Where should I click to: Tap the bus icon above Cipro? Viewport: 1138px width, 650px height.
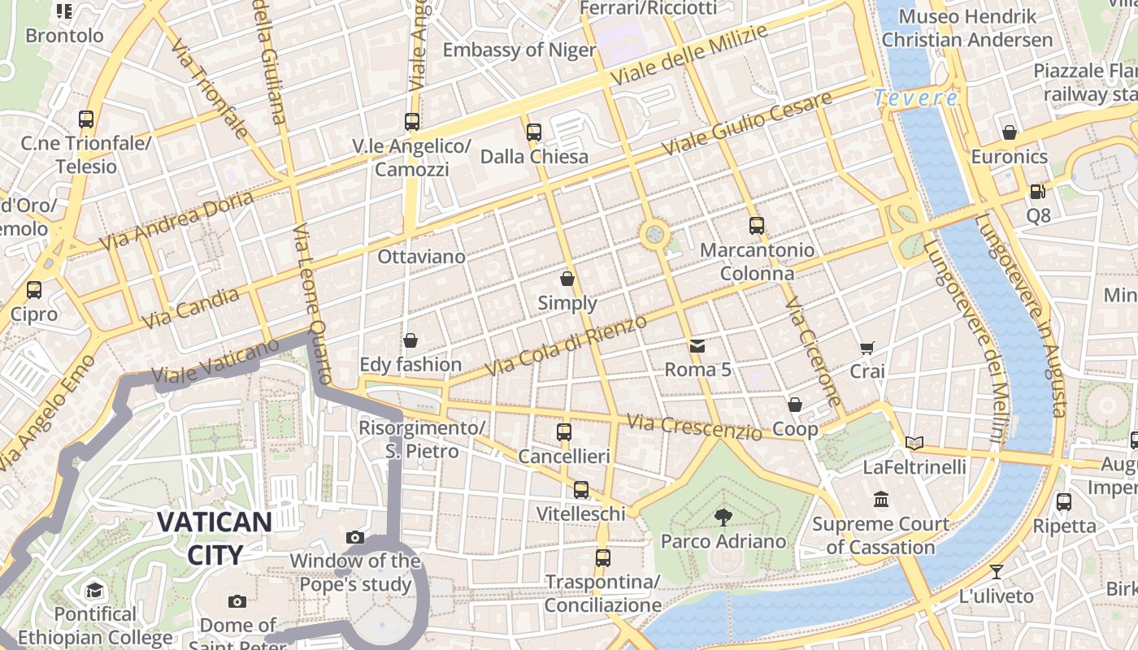tap(34, 290)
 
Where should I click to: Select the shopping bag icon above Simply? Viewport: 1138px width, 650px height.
tap(567, 279)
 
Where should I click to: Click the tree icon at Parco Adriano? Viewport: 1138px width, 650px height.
tap(723, 517)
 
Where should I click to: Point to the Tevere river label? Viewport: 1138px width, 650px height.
tap(916, 98)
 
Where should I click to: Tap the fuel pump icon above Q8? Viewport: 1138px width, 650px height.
tap(1037, 192)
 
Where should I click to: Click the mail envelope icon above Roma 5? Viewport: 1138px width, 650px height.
tap(697, 346)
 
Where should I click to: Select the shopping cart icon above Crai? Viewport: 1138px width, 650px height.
tap(867, 348)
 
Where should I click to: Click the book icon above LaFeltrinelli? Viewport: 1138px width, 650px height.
tap(914, 443)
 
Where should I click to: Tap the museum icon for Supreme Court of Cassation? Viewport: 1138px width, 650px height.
tap(881, 499)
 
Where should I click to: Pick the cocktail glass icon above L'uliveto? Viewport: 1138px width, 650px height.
tap(996, 571)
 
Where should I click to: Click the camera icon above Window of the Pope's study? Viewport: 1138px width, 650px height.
tap(355, 537)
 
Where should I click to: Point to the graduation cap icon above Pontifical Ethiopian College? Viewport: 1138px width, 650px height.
tap(95, 590)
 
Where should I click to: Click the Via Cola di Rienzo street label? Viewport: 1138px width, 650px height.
tap(566, 346)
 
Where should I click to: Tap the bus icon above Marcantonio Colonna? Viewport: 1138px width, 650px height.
tap(757, 226)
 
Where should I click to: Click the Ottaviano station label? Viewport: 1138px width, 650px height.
tap(422, 257)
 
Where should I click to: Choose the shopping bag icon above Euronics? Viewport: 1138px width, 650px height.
tap(1010, 132)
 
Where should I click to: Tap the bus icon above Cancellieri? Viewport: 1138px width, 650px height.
tap(564, 432)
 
